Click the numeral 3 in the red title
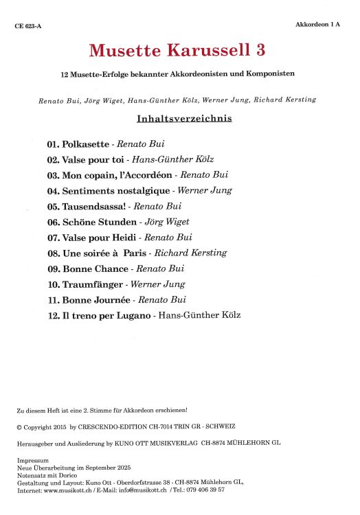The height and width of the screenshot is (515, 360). tap(261, 50)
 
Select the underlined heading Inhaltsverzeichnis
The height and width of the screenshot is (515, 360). tap(185, 118)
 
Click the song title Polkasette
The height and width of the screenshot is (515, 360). tap(85, 145)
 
